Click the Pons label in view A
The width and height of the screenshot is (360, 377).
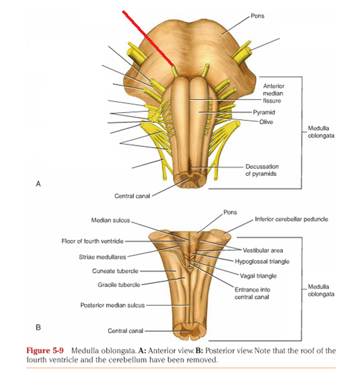(x=257, y=16)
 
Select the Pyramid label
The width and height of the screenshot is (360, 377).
(x=264, y=112)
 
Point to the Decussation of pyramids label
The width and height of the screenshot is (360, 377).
(x=262, y=170)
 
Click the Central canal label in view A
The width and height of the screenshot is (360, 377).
(x=132, y=196)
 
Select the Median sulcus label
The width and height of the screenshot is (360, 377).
(x=110, y=220)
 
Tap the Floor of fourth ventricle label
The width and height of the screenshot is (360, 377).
(x=93, y=241)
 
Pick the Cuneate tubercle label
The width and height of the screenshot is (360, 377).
(x=114, y=271)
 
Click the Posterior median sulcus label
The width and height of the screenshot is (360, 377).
(x=112, y=305)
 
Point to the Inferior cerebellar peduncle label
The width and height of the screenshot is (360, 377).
(x=291, y=219)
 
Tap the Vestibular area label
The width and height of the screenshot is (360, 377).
(x=263, y=250)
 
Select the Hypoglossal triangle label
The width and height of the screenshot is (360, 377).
(x=262, y=261)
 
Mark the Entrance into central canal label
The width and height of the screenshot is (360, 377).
(x=252, y=293)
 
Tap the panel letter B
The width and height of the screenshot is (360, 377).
(x=38, y=327)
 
